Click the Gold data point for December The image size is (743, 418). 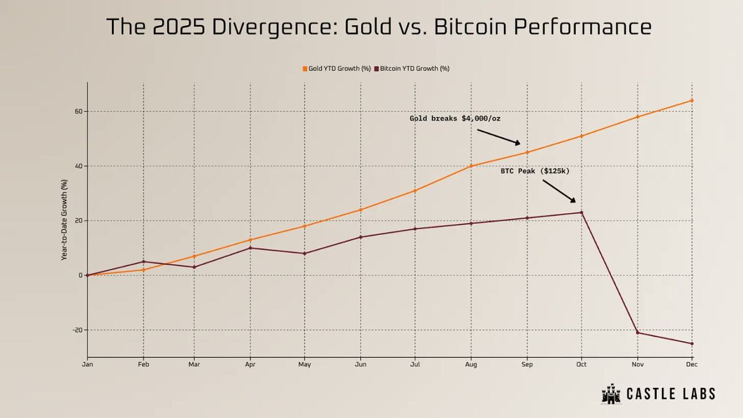click(691, 100)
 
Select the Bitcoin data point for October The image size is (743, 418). click(581, 213)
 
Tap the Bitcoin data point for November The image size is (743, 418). click(637, 333)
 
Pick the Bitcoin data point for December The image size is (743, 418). click(691, 344)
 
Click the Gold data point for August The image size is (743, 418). click(471, 166)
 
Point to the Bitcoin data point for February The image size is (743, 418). click(143, 262)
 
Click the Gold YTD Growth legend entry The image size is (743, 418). click(337, 69)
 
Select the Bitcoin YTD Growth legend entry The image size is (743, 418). click(412, 69)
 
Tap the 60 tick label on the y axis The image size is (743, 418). click(79, 112)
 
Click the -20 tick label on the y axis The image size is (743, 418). click(77, 330)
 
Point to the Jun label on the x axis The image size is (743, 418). click(361, 365)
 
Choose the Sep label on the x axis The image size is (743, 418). click(527, 365)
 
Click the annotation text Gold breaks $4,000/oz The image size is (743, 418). click(455, 119)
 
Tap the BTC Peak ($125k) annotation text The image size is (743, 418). click(535, 171)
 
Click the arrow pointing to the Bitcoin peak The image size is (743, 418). click(559, 191)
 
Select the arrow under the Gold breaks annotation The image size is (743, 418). click(499, 137)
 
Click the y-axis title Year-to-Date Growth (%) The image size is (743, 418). click(64, 220)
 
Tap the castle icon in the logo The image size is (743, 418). click(611, 394)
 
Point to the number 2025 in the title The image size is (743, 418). click(179, 27)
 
